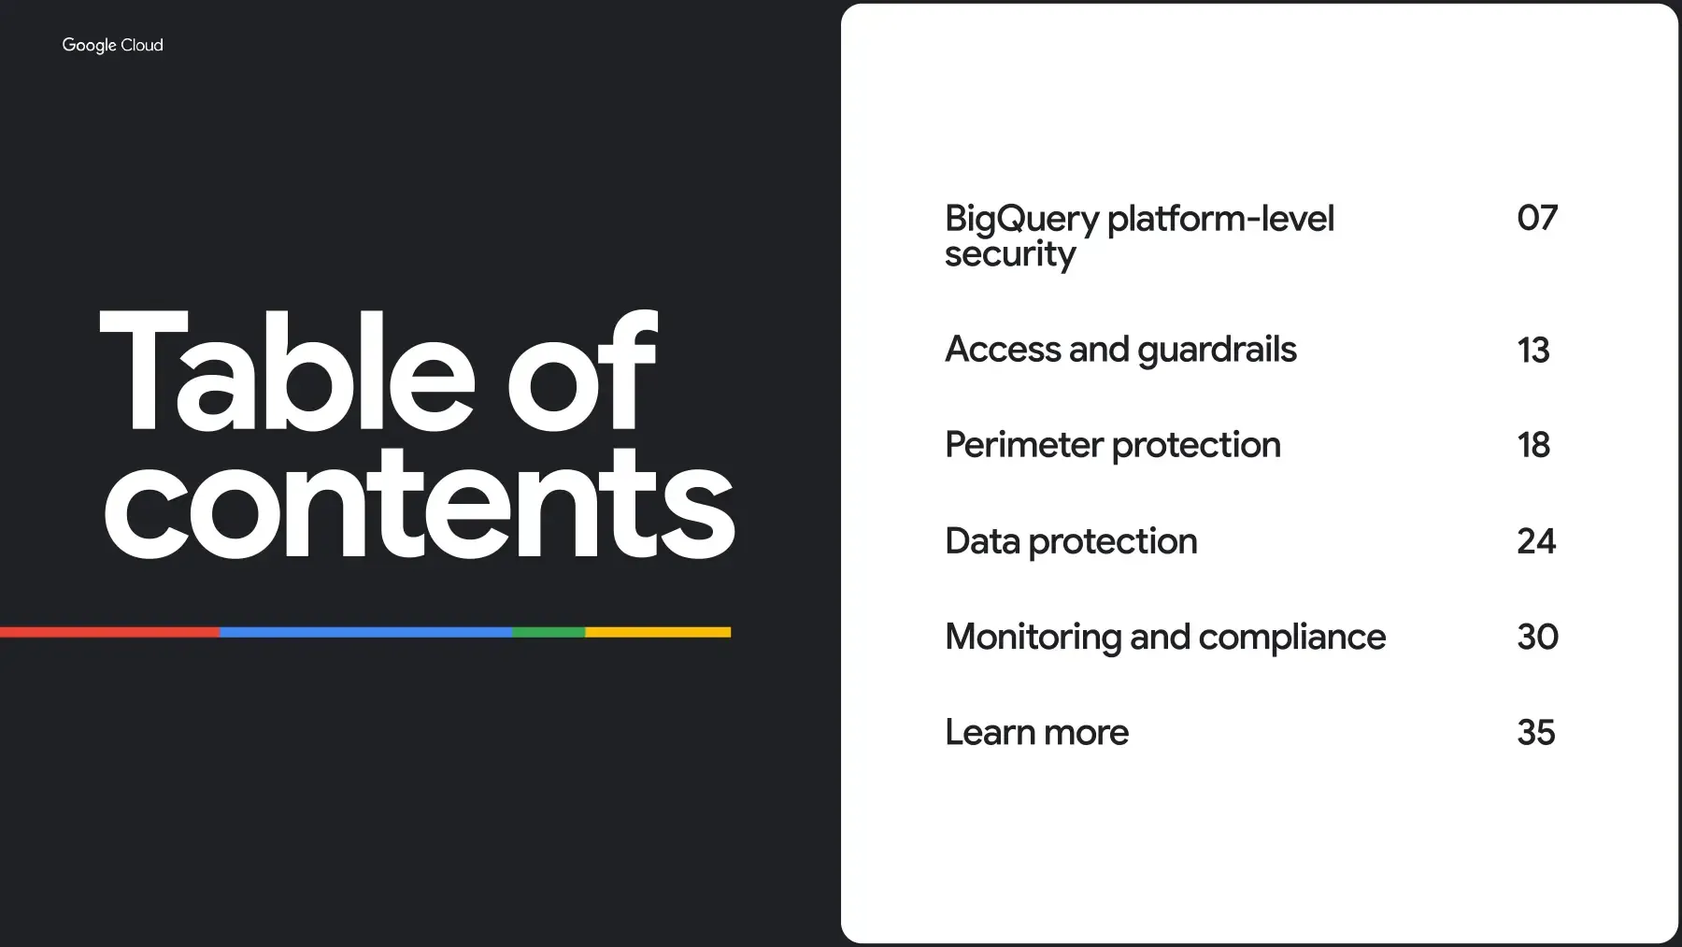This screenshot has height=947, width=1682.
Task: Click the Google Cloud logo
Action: pos(112,45)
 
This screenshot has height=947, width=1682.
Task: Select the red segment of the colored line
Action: pos(109,632)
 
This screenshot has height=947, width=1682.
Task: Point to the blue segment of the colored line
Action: pos(365,632)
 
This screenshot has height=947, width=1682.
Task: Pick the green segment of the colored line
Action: pos(549,632)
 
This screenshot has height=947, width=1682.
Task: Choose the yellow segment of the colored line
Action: pos(658,632)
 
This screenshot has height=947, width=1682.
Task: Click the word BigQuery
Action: pos(1022,220)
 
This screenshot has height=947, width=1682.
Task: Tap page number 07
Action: pos(1537,218)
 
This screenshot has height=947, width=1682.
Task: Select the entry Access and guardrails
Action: pos(1120,351)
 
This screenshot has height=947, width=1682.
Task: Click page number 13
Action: pos(1533,351)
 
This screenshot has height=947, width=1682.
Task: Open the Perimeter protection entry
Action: pos(1112,446)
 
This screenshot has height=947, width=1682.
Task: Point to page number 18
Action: pos(1533,445)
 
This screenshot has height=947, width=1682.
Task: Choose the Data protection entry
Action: pos(1071,542)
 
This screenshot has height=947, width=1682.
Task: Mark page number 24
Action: pos(1536,541)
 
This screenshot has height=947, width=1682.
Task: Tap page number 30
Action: pos(1537,637)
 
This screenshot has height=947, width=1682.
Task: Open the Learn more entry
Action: pos(1036,732)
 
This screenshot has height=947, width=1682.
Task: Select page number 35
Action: pos(1536,732)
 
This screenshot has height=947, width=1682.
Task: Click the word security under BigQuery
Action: pos(1010,254)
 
